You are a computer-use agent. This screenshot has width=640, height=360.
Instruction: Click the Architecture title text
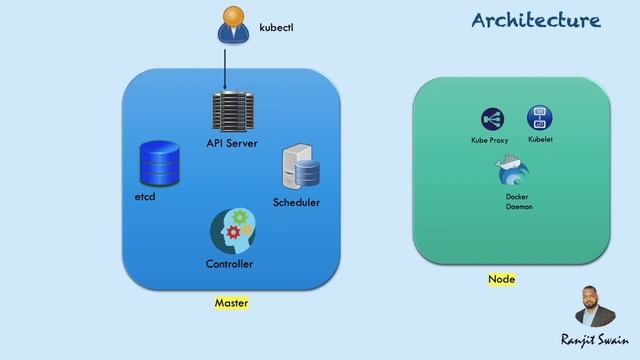[536, 20]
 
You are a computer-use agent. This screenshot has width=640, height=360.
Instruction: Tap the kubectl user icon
[232, 26]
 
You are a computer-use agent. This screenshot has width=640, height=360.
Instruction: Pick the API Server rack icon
[231, 113]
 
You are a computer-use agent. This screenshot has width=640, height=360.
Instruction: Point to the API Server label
[232, 144]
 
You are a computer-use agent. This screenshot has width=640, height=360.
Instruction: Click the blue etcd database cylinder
[159, 164]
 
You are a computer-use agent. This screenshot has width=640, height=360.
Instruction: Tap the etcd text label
[145, 198]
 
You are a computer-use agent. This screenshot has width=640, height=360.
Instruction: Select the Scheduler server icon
[301, 168]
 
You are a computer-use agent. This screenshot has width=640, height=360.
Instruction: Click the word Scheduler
[296, 203]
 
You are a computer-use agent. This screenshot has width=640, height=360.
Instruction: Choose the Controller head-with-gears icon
[232, 231]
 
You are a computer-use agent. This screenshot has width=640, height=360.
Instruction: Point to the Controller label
[229, 264]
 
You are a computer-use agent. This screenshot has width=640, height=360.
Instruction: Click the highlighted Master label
[231, 302]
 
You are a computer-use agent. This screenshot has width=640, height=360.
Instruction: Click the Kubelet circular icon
[540, 118]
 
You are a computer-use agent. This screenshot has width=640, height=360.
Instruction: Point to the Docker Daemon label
[518, 201]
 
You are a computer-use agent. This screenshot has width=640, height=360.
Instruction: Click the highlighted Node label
[501, 279]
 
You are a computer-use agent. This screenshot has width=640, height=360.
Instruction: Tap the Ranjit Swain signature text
[594, 340]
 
